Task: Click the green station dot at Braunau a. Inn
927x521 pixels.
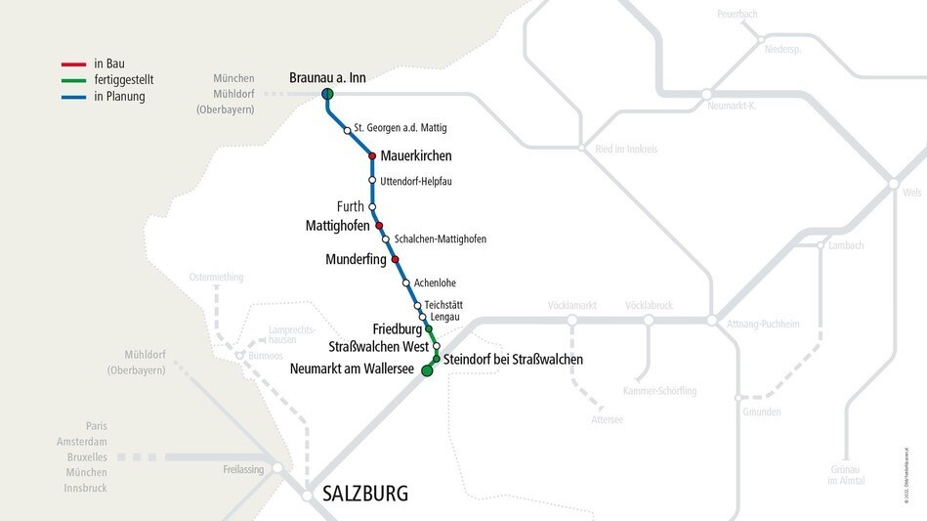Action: pyautogui.click(x=327, y=94)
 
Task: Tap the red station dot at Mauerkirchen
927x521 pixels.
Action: pyautogui.click(x=372, y=156)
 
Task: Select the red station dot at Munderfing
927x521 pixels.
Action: pyautogui.click(x=395, y=260)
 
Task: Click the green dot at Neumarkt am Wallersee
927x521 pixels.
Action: pyautogui.click(x=426, y=371)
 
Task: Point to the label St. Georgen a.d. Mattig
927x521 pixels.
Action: pyautogui.click(x=400, y=128)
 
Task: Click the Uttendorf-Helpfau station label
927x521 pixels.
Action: pyautogui.click(x=416, y=181)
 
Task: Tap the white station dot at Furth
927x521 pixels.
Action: pyautogui.click(x=372, y=207)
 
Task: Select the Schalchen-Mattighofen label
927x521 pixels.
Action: pyautogui.click(x=440, y=239)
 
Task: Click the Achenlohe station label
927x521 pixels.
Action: pyautogui.click(x=435, y=282)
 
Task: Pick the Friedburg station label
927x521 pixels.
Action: pyautogui.click(x=397, y=329)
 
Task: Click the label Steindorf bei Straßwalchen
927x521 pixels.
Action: pyautogui.click(x=513, y=360)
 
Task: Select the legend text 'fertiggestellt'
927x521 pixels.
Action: pyautogui.click(x=124, y=80)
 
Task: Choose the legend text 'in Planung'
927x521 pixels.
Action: pyautogui.click(x=119, y=96)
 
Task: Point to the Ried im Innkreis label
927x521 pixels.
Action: pyautogui.click(x=626, y=150)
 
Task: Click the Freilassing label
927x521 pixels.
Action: pyautogui.click(x=244, y=470)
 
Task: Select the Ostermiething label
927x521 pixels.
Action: pyautogui.click(x=216, y=277)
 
